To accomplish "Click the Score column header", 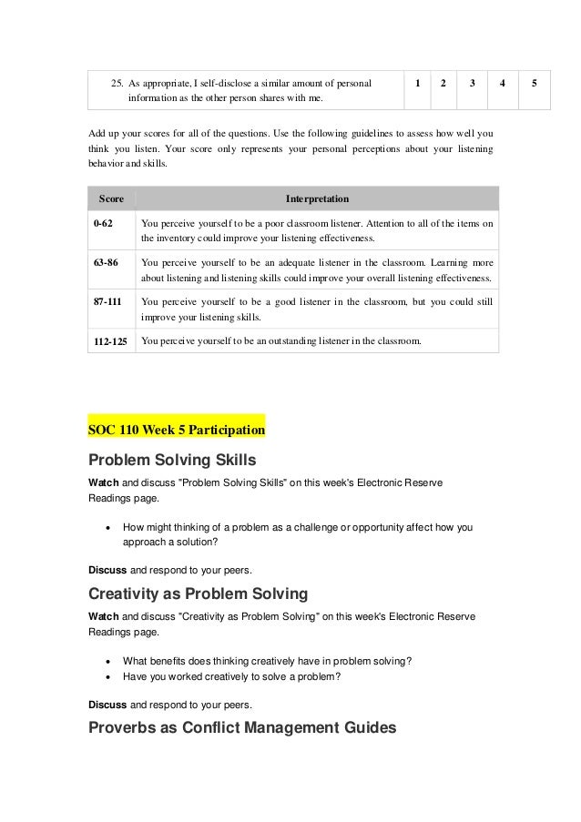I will pos(111,198).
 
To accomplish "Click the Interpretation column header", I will pos(317,198).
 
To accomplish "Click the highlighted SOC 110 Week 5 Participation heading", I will pos(176,427).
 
